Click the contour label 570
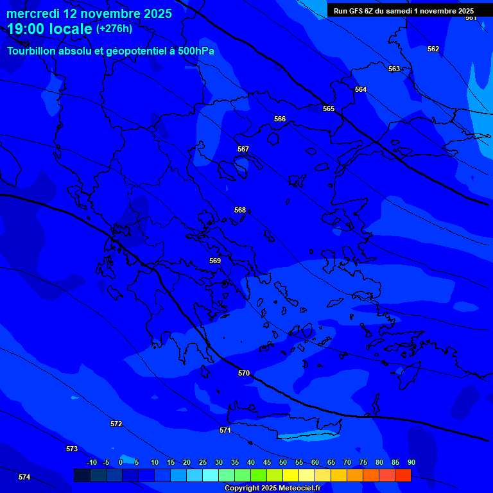[x=244, y=373]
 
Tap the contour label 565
[x=329, y=108]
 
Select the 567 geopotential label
[x=243, y=149]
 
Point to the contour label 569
[x=215, y=261]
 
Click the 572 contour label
[x=116, y=424]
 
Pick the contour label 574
[x=24, y=477]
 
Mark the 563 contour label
[x=394, y=69]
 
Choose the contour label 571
[x=225, y=430]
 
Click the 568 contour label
[x=240, y=210]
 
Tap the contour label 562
[x=433, y=49]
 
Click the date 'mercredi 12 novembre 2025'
[x=89, y=13]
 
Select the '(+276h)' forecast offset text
[x=114, y=29]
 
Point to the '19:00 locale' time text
[x=49, y=30]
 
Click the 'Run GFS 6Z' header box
[x=404, y=11]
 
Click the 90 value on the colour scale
[x=411, y=463]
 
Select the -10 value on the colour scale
[x=91, y=463]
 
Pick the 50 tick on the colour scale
[x=282, y=463]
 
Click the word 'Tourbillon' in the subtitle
[x=32, y=51]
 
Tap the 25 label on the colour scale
[x=202, y=463]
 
